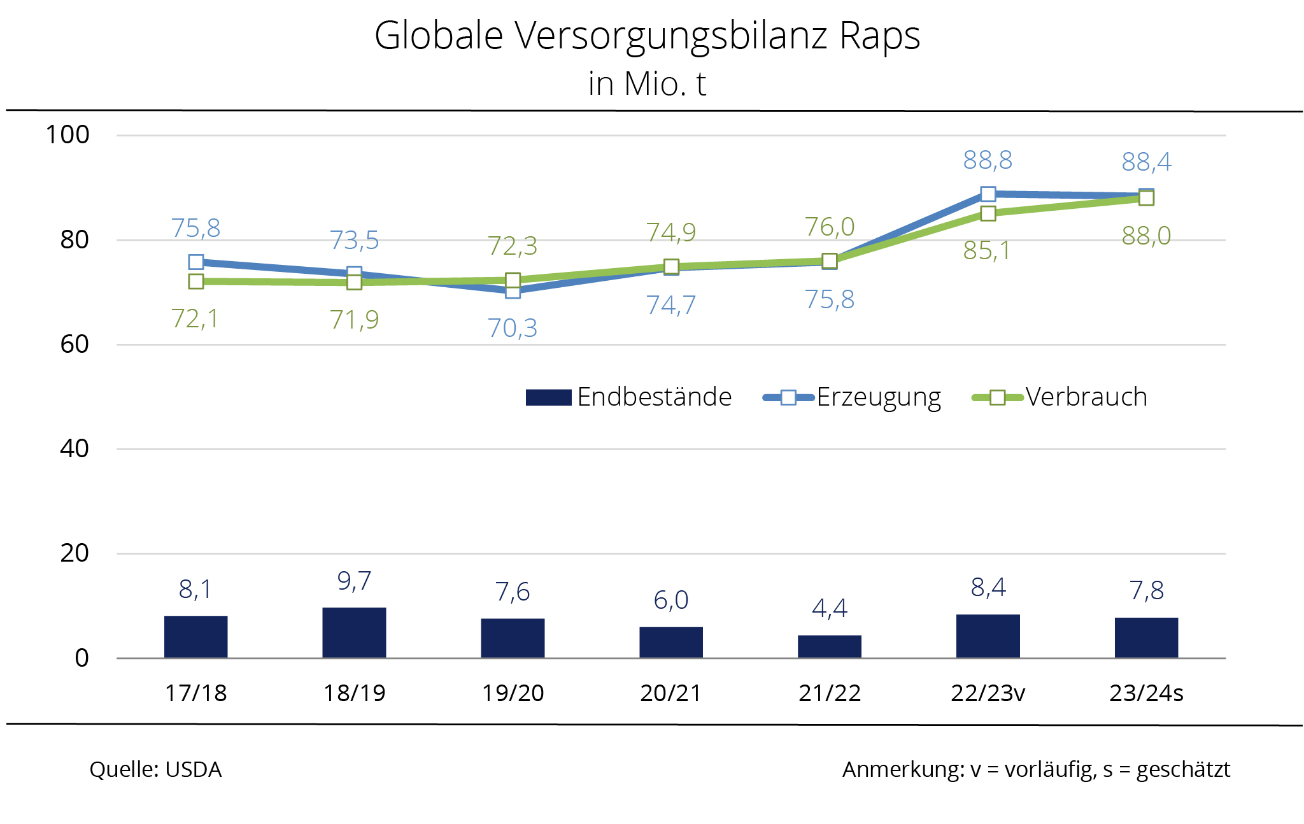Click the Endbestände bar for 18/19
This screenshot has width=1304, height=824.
pos(354,632)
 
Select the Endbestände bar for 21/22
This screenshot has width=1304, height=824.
pos(829,646)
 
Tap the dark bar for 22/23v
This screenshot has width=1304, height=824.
pos(988,636)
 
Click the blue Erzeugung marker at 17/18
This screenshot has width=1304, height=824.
pos(196,262)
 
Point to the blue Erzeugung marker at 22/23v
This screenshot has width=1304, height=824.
pos(988,194)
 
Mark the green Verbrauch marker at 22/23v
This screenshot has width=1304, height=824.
pos(988,213)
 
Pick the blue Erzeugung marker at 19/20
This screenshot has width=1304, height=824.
pos(513,291)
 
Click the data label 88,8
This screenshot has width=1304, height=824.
pos(987,160)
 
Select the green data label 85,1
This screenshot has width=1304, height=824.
pos(986,251)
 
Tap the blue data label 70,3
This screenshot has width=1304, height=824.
pos(512,329)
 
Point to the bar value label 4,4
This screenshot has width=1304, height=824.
pos(829,609)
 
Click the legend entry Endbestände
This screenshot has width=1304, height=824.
pos(654,397)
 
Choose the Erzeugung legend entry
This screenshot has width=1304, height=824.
pos(878,397)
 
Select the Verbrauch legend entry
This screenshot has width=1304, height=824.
pos(1086,397)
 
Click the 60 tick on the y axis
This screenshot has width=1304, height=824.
pos(74,345)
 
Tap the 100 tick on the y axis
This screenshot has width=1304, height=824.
pos(67,135)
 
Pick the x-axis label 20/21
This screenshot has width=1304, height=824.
pos(670,693)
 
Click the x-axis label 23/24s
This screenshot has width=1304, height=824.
pos(1145,693)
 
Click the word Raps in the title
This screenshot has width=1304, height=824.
pos(879,36)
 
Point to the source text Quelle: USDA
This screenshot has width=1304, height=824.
pos(155,769)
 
